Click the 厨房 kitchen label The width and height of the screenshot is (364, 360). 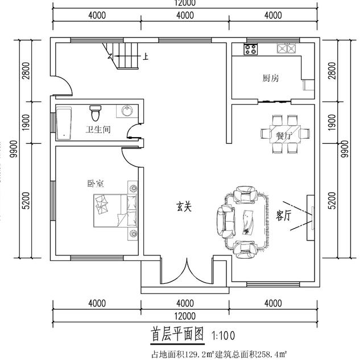[x=270, y=78]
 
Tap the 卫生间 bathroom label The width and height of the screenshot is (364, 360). [x=98, y=130]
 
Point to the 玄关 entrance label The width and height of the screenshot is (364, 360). [x=183, y=208]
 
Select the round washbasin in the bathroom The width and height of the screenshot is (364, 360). [x=126, y=110]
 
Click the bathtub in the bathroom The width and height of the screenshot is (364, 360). [x=63, y=125]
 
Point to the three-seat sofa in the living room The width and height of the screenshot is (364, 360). [x=224, y=221]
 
